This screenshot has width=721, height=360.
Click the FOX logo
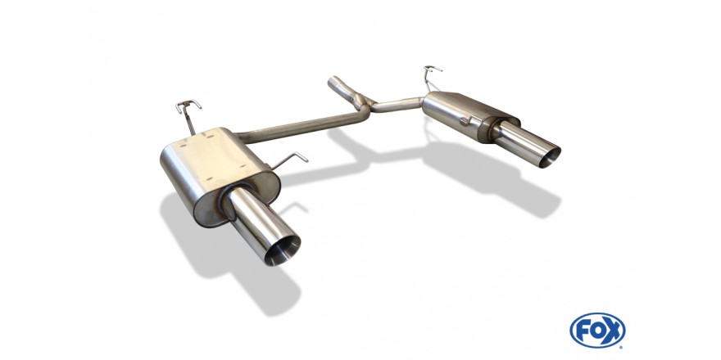tap(597, 331)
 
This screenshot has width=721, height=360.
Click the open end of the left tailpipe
tap(283, 250)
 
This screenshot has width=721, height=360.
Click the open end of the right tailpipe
tap(550, 157)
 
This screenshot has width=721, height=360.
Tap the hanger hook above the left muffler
tap(188, 106)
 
